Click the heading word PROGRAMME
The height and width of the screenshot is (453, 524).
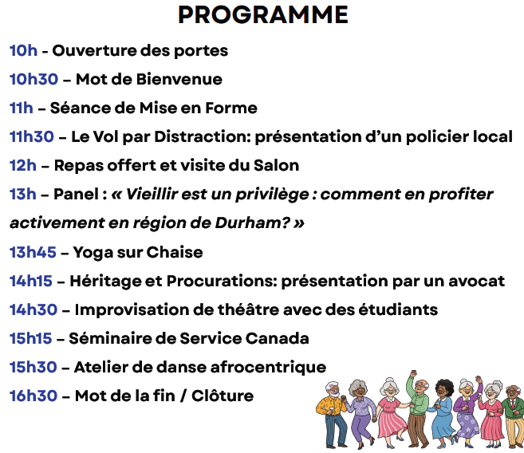point(262,15)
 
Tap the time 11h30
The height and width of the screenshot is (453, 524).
point(32,137)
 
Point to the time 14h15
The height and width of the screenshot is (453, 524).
point(31,282)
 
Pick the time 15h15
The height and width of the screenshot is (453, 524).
point(31,339)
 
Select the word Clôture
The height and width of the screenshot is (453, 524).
point(227,396)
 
